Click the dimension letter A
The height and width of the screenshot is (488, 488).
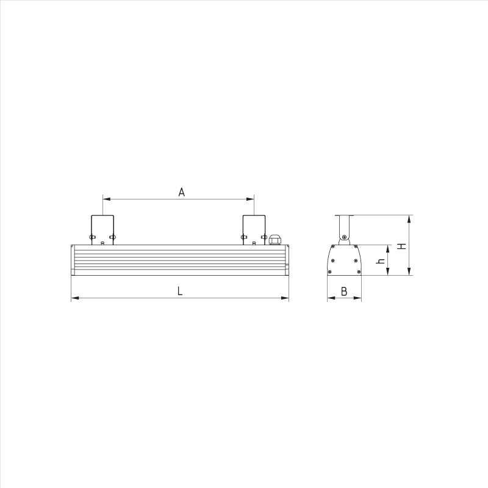[181, 192]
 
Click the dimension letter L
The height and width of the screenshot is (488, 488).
[180, 291]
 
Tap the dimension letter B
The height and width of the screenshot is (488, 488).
[344, 292]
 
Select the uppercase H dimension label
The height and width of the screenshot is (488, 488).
[402, 246]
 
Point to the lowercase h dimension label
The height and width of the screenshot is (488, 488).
[380, 260]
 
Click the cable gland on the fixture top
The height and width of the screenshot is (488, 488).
[274, 239]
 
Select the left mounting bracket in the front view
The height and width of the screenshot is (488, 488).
[102, 230]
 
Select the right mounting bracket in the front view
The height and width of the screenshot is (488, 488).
[254, 230]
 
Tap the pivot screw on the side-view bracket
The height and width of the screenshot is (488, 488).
[344, 237]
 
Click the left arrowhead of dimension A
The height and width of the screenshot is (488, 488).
[106, 199]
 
